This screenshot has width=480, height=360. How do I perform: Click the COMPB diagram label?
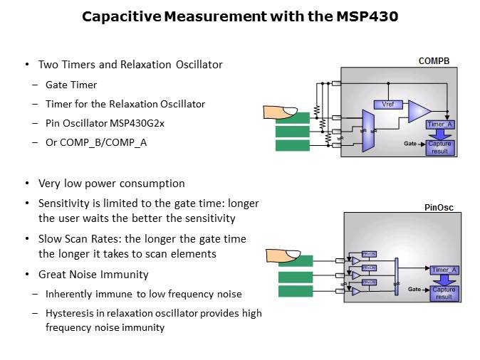pyautogui.click(x=433, y=61)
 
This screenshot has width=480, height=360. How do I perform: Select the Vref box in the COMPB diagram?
pyautogui.click(x=388, y=105)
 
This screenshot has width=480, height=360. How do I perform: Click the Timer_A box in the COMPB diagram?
pyautogui.click(x=439, y=125)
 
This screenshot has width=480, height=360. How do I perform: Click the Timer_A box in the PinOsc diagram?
pyautogui.click(x=444, y=270)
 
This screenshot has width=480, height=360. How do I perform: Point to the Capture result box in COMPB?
pyautogui.click(x=439, y=147)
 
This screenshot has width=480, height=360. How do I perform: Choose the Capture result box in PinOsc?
pyautogui.click(x=444, y=293)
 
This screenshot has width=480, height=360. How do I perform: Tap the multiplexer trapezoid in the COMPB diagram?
pyautogui.click(x=368, y=130)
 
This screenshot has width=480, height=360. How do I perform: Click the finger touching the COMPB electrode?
pyautogui.click(x=280, y=112)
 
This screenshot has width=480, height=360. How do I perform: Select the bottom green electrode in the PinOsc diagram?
pyautogui.click(x=294, y=291)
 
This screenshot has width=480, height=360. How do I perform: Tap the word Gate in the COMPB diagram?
pyautogui.click(x=409, y=144)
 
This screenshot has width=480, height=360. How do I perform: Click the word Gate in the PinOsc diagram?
pyautogui.click(x=414, y=290)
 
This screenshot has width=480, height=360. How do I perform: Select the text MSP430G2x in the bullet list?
pyautogui.click(x=135, y=123)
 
